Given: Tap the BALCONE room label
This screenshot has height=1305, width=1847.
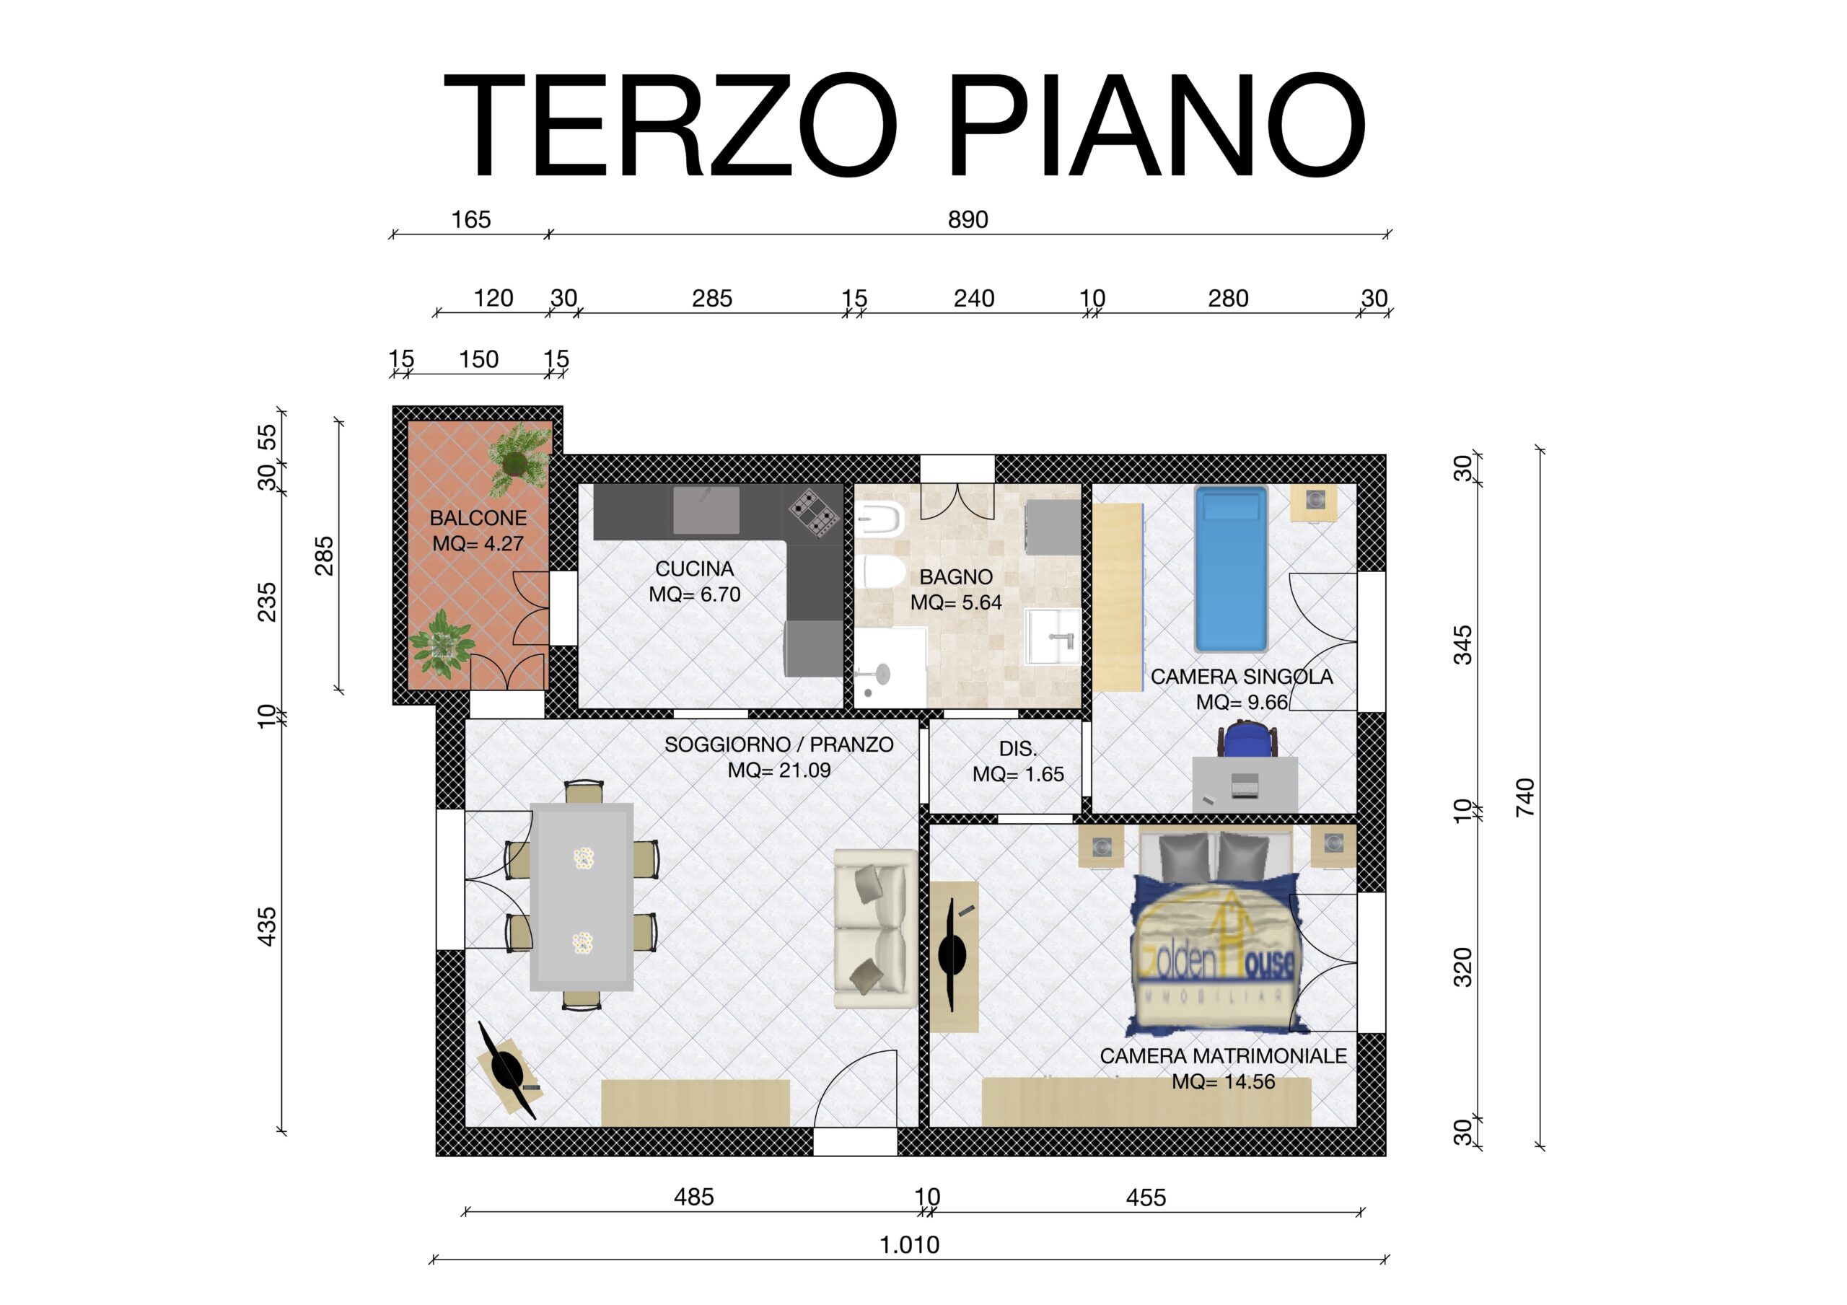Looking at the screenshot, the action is pyautogui.click(x=478, y=518).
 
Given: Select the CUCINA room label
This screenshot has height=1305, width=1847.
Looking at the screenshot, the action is pyautogui.click(x=694, y=569).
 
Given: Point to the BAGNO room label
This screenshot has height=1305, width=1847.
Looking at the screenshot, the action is pyautogui.click(x=956, y=577).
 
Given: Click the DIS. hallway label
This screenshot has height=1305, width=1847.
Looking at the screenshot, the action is pyautogui.click(x=1017, y=749).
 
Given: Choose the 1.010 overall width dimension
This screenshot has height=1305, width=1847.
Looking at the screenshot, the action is pyautogui.click(x=909, y=1245).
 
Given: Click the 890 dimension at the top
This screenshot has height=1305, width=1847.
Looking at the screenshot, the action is pyautogui.click(x=968, y=219).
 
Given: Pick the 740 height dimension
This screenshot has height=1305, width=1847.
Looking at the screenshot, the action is pyautogui.click(x=1525, y=797).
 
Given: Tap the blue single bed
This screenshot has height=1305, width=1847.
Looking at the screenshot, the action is pyautogui.click(x=1231, y=569).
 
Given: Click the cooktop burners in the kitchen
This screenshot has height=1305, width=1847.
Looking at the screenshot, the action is pyautogui.click(x=814, y=514).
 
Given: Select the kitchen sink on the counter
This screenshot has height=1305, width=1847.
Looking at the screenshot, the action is pyautogui.click(x=706, y=509).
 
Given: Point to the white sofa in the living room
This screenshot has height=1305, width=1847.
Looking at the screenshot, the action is pyautogui.click(x=875, y=928).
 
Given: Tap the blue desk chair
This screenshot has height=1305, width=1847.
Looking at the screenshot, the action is pyautogui.click(x=1247, y=739).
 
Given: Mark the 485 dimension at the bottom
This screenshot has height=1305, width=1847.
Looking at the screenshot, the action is pyautogui.click(x=693, y=1198).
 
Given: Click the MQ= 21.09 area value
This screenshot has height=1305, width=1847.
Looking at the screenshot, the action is pyautogui.click(x=778, y=770).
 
